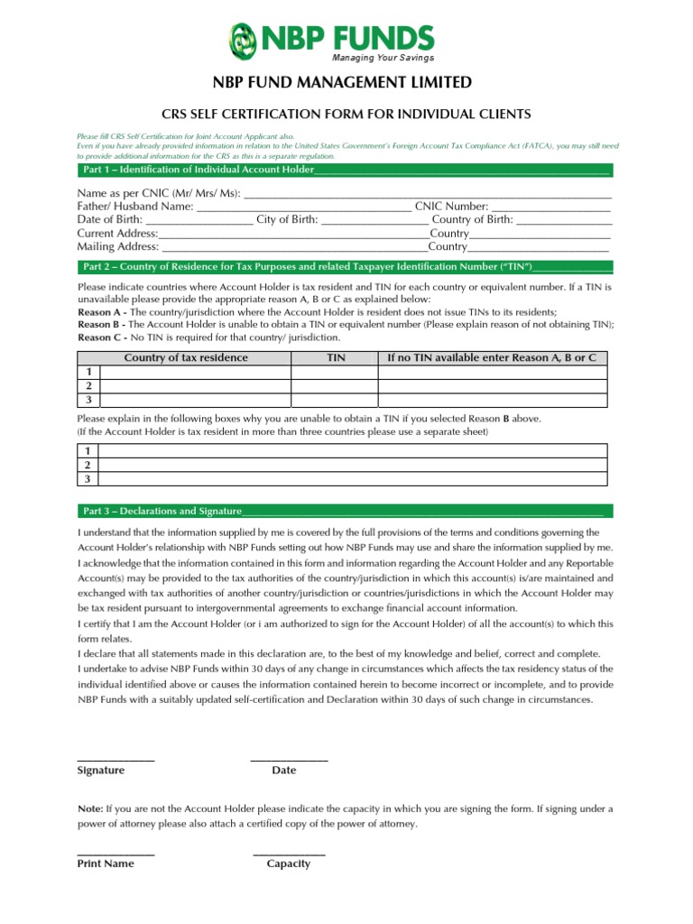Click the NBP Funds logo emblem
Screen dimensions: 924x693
242,40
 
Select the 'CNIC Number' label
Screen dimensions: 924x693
451,207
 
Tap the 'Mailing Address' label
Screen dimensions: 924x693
117,246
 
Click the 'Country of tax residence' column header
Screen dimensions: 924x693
185,358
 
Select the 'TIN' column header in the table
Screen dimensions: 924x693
335,358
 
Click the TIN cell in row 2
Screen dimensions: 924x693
334,385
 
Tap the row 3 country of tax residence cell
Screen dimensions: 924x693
195,399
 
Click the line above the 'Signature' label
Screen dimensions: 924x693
115,760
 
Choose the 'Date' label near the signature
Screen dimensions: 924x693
283,771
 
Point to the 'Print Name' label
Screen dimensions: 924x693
106,864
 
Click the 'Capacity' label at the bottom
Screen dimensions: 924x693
288,864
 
